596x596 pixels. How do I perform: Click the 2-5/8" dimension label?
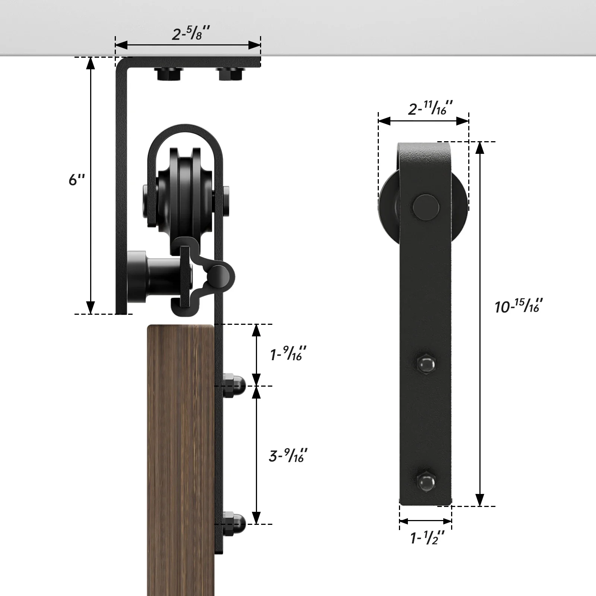[191, 34]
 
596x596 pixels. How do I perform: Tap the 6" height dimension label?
[77, 180]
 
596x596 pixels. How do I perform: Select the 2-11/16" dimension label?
[430, 108]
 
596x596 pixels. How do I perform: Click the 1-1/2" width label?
[427, 538]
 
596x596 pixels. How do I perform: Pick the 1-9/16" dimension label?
[288, 354]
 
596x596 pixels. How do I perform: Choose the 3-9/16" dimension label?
[288, 456]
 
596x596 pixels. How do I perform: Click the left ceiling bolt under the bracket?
[169, 74]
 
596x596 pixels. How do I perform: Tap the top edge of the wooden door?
[181, 326]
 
